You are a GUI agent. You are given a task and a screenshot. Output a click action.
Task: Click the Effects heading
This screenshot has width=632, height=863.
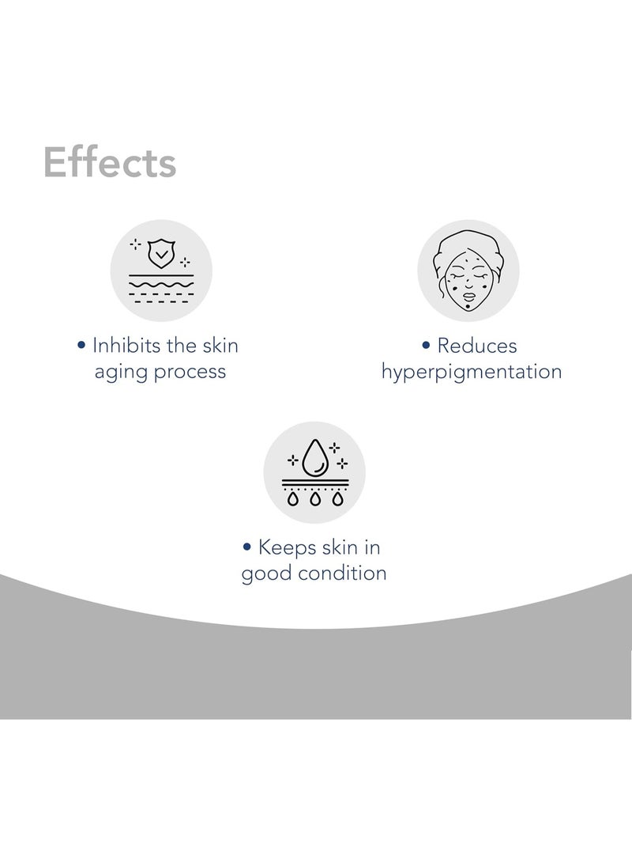[110, 163]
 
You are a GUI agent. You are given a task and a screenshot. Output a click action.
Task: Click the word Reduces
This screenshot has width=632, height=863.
[477, 346]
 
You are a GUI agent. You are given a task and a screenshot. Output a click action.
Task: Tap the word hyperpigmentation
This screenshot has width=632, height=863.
[472, 373]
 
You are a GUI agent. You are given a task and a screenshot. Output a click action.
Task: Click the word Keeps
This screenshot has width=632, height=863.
[288, 547]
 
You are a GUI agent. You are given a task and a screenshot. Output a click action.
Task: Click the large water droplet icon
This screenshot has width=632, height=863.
[314, 456]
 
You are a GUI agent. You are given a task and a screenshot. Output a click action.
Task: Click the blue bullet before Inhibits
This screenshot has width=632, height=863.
[81, 346]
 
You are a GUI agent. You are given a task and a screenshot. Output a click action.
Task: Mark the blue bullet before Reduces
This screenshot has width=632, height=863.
[426, 346]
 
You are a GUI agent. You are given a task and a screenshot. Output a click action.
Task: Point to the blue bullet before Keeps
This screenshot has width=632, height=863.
[247, 547]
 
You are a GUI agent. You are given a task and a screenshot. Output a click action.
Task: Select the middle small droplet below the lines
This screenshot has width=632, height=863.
[314, 499]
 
